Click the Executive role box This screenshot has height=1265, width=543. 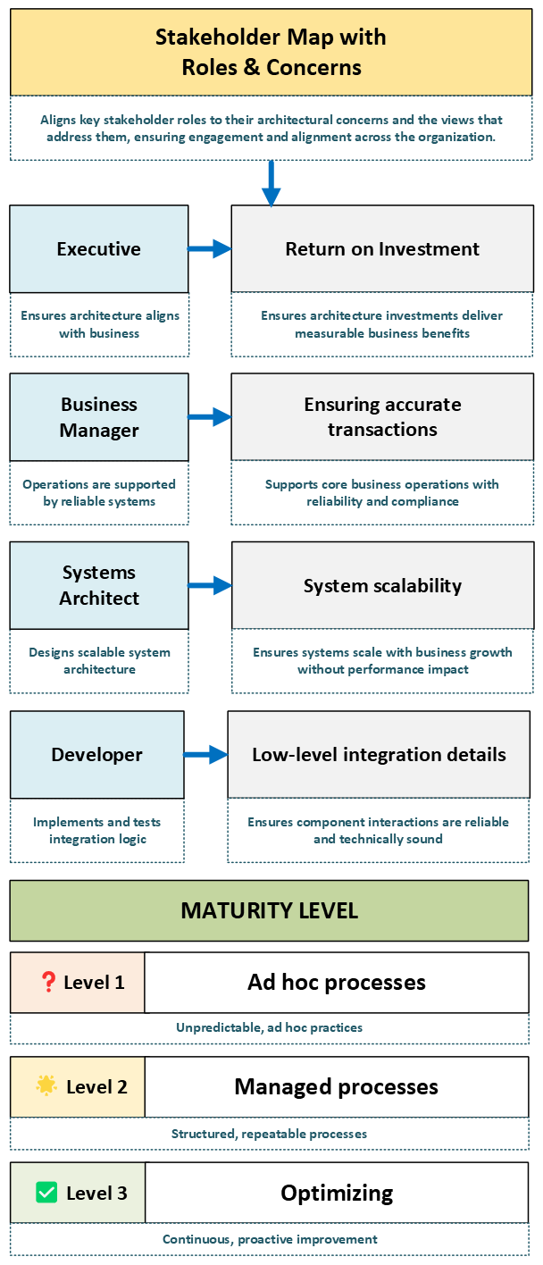98,249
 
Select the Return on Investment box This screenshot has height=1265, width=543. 382,249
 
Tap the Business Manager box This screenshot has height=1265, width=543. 98,417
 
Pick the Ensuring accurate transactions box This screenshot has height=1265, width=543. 382,417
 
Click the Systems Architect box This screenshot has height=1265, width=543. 98,585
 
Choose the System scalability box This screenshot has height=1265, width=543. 382,585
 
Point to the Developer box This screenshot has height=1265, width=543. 96,755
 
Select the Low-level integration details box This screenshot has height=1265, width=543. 379,755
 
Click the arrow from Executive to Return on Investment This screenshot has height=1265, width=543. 210,249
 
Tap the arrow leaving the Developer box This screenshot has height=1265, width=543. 206,755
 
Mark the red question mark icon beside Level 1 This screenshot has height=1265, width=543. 49,983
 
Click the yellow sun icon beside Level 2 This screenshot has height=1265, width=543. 46,1086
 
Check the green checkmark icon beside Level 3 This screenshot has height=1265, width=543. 46,1193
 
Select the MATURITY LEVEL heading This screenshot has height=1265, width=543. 269,911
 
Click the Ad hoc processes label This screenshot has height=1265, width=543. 337,983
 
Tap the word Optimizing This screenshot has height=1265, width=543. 337,1193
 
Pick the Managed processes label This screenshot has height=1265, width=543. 337,1086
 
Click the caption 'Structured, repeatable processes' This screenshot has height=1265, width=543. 269,1134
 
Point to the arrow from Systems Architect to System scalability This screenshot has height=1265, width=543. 210,585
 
